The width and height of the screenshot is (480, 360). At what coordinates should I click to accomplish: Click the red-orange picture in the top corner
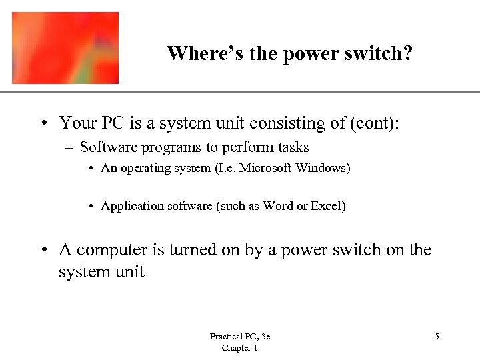click(x=65, y=48)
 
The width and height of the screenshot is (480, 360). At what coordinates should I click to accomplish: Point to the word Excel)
click(x=329, y=206)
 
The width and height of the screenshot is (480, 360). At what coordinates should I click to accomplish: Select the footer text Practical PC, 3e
click(x=239, y=337)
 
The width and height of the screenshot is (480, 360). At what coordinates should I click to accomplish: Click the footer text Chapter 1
click(x=239, y=348)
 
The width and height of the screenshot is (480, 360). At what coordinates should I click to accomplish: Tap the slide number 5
click(x=437, y=337)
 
